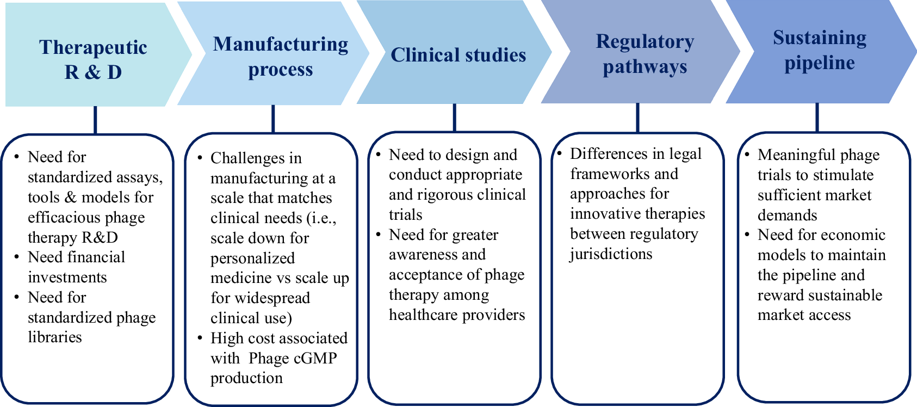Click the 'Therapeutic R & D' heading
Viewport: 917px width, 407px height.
pos(93,59)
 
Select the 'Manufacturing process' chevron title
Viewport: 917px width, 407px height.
pos(281,56)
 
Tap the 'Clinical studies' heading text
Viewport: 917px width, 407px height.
pos(458,55)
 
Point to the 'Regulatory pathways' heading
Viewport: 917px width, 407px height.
pos(645,54)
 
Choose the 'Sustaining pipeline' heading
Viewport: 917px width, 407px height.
pos(820,50)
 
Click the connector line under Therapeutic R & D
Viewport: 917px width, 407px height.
pos(95,120)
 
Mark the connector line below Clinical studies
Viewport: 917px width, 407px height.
pos(455,118)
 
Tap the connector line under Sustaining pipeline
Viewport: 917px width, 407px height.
pos(817,118)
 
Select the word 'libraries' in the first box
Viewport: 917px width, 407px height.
pos(54,337)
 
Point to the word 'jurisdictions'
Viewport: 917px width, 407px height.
pos(611,254)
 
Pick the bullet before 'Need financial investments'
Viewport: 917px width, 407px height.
pos(17,257)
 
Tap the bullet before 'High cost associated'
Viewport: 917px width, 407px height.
pos(200,338)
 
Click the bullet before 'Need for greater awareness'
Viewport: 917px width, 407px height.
pos(378,235)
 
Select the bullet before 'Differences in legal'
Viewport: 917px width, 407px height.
pos(559,154)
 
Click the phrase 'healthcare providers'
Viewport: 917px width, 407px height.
pos(457,315)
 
